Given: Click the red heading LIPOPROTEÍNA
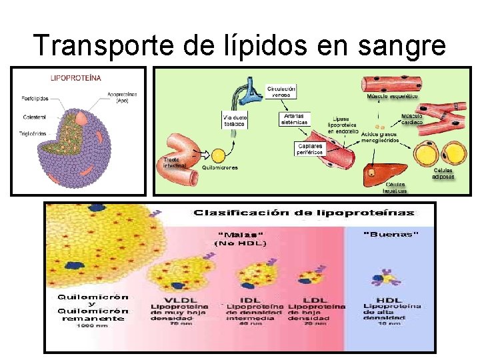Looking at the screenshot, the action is (x=77, y=77).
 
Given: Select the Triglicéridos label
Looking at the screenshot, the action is (x=32, y=133).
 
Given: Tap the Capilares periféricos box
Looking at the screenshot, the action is (x=309, y=148).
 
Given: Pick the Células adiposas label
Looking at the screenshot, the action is (x=443, y=173).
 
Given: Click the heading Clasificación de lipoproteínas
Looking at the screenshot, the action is (x=303, y=213).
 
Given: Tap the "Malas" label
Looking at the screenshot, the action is (x=241, y=234).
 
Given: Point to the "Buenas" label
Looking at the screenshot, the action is (x=391, y=234).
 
